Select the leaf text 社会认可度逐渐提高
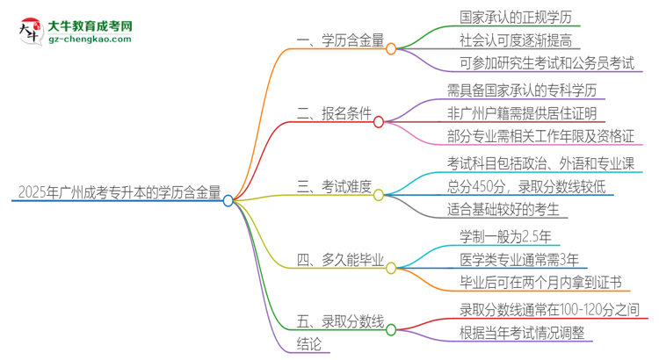pos(507,40)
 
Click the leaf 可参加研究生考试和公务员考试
pos(546,63)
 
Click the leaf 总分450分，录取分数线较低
pos(525,187)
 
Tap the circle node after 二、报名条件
pos(379,122)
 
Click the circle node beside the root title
pos(228,200)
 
